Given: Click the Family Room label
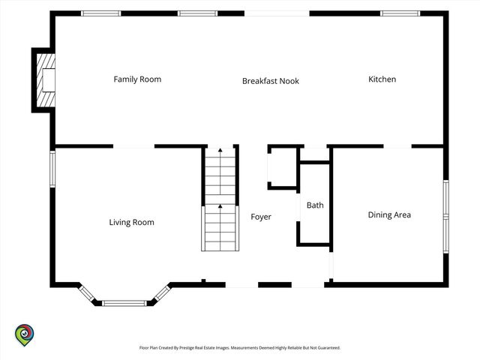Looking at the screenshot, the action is pyautogui.click(x=137, y=79).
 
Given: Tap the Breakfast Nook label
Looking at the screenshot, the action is pyautogui.click(x=271, y=81).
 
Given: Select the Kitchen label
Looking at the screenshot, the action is pyautogui.click(x=382, y=79).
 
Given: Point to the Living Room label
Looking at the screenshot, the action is pyautogui.click(x=132, y=222).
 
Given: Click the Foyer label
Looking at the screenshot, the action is pyautogui.click(x=261, y=217).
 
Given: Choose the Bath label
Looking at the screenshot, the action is pyautogui.click(x=315, y=205).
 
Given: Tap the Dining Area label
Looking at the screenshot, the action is pyautogui.click(x=389, y=215).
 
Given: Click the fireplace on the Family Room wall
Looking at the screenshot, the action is pyautogui.click(x=46, y=80).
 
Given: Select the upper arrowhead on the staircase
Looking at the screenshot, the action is pyautogui.click(x=220, y=150).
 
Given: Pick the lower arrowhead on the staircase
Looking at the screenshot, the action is pyautogui.click(x=220, y=206).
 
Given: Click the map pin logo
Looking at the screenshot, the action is pyautogui.click(x=25, y=335).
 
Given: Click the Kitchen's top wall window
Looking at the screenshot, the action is pyautogui.click(x=400, y=13).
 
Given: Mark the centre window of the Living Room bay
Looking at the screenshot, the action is pyautogui.click(x=124, y=303).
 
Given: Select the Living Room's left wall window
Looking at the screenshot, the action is pyautogui.click(x=52, y=169).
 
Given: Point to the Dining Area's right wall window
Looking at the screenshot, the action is pyautogui.click(x=446, y=217).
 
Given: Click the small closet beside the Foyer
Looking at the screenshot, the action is pyautogui.click(x=282, y=167).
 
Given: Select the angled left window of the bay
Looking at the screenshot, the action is pyautogui.click(x=87, y=293).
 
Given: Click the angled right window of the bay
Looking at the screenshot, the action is pyautogui.click(x=162, y=293).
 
